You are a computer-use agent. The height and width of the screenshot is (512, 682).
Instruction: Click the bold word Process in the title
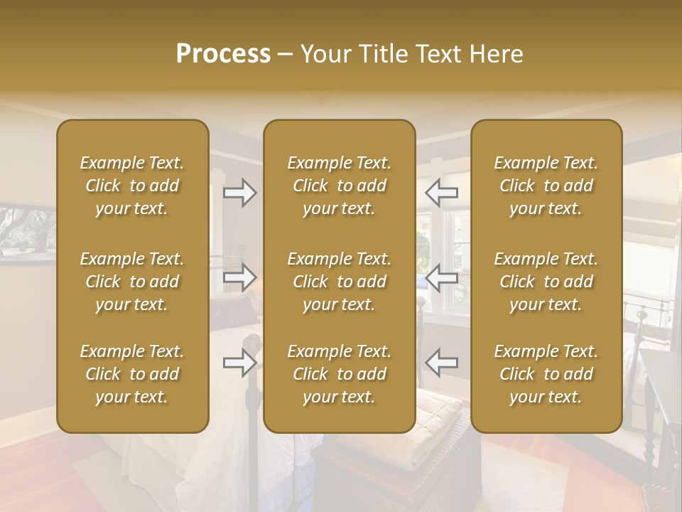click(x=223, y=54)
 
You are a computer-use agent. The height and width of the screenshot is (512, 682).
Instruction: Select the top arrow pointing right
click(x=240, y=193)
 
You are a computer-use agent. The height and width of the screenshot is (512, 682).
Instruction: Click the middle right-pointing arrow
click(x=240, y=277)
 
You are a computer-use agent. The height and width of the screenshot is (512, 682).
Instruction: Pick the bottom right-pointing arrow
click(x=240, y=363)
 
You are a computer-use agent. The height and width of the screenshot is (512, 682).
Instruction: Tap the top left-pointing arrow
click(x=441, y=193)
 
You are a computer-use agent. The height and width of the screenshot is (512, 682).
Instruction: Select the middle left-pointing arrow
click(x=441, y=277)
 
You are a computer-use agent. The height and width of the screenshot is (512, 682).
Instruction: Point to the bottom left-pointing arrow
click(x=441, y=363)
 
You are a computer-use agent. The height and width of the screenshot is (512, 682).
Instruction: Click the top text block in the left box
click(x=132, y=186)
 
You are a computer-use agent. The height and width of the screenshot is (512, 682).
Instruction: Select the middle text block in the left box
click(x=132, y=282)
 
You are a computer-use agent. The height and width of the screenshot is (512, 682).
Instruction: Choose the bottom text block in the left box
click(x=132, y=374)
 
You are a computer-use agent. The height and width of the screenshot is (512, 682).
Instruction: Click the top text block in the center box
click(x=339, y=186)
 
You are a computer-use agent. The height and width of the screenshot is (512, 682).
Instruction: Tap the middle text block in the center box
click(x=339, y=282)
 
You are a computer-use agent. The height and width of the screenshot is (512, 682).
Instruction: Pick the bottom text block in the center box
click(x=339, y=374)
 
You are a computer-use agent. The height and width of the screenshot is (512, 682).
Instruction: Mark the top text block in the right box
click(x=546, y=186)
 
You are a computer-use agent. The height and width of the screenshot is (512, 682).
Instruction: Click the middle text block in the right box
click(x=546, y=282)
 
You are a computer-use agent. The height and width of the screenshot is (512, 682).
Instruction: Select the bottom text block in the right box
click(x=546, y=374)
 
